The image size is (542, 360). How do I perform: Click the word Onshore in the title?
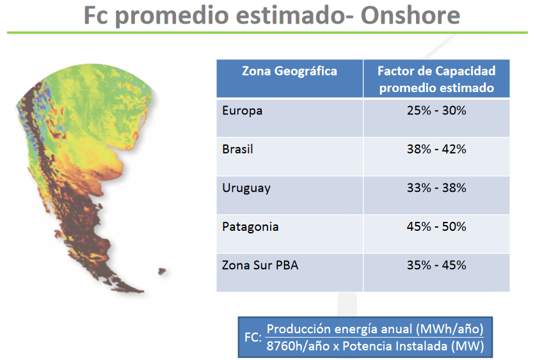pyautogui.click(x=410, y=15)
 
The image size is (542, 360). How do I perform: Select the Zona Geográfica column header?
pyautogui.click(x=289, y=71)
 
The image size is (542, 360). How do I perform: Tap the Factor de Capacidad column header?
pyautogui.click(x=436, y=79)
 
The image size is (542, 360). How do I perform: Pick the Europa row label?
pyautogui.click(x=243, y=111)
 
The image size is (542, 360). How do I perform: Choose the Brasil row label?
pyautogui.click(x=237, y=149)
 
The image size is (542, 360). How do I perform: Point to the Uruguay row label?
pyautogui.click(x=246, y=188)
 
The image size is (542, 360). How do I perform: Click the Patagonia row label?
pyautogui.click(x=250, y=227)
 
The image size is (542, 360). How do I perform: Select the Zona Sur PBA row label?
pyautogui.click(x=260, y=265)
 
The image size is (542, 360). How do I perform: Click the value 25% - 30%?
pyautogui.click(x=436, y=111)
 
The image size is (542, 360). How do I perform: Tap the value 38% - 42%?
pyautogui.click(x=436, y=149)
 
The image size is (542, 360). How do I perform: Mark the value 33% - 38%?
pyautogui.click(x=436, y=187)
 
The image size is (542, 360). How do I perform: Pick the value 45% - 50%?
pyautogui.click(x=436, y=226)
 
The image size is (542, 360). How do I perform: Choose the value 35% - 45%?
pyautogui.click(x=436, y=265)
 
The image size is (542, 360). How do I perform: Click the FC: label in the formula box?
pyautogui.click(x=253, y=337)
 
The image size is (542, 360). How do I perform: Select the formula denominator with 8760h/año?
pyautogui.click(x=375, y=346)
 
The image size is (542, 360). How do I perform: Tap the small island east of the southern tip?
pyautogui.click(x=162, y=271)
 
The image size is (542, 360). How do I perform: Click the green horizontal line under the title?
pyautogui.click(x=267, y=33)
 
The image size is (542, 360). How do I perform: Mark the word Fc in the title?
pyautogui.click(x=96, y=15)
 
